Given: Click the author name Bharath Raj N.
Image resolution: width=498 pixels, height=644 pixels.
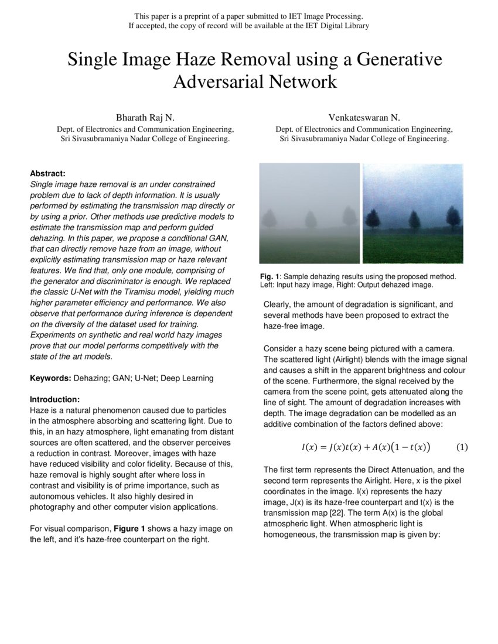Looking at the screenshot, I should [x=145, y=118].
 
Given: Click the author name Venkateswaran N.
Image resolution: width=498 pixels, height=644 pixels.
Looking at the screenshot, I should [x=364, y=118].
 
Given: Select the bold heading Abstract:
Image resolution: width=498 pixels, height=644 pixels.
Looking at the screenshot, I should [x=47, y=173].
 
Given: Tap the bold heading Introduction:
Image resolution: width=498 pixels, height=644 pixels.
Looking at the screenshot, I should [x=54, y=399].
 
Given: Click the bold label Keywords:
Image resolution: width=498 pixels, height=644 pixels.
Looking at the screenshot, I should [x=50, y=378].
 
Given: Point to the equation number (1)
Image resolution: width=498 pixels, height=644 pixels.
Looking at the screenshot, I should [x=462, y=447].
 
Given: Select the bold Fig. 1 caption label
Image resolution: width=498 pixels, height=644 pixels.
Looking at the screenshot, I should [x=270, y=276].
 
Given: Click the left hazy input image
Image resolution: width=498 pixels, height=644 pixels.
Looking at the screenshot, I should [x=309, y=213].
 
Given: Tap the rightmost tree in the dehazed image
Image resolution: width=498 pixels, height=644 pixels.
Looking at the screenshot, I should [x=453, y=218].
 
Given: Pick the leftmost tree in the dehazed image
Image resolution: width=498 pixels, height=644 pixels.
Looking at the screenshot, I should [x=372, y=219].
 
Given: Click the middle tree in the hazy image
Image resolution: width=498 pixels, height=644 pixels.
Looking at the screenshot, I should [x=311, y=220].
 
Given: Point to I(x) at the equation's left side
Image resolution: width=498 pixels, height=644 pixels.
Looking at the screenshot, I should [x=309, y=447].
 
